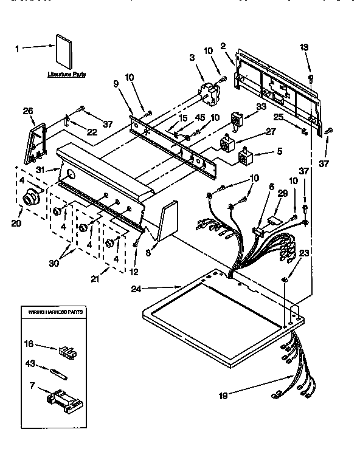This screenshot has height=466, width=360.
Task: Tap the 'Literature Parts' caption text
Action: pyautogui.click(x=66, y=74)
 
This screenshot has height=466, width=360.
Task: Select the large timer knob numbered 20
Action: pyautogui.click(x=29, y=199)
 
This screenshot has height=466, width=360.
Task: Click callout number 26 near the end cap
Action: pyautogui.click(x=28, y=111)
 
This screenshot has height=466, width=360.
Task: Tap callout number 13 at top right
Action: pyautogui.click(x=304, y=47)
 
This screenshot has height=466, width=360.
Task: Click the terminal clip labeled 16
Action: pyautogui.click(x=66, y=352)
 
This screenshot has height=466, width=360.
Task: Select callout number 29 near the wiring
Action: pyautogui.click(x=282, y=193)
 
